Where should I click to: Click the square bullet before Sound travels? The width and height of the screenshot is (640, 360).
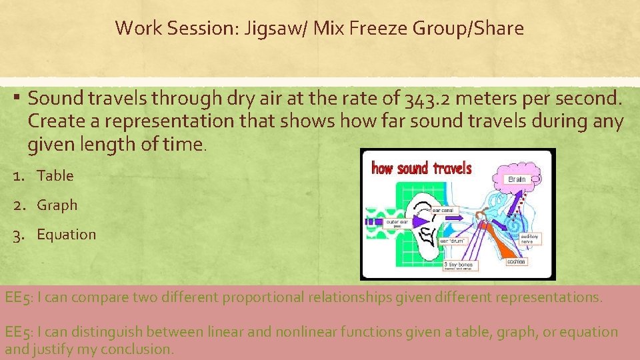15,99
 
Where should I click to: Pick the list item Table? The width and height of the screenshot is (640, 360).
55,175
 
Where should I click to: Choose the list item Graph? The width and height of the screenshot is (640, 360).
57,205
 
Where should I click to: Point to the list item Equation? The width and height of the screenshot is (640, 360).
66,234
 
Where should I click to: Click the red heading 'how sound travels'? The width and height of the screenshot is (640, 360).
421,168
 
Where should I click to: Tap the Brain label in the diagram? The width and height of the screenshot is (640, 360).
517,179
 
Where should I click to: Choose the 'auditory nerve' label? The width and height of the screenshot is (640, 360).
530,237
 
